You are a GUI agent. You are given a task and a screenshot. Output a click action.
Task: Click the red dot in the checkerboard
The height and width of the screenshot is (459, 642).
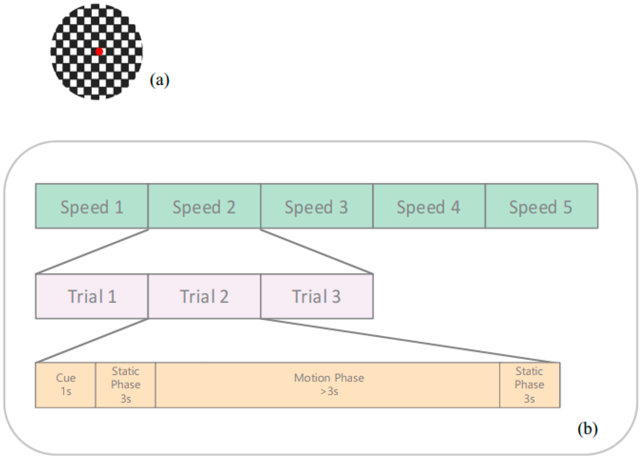click(99, 52)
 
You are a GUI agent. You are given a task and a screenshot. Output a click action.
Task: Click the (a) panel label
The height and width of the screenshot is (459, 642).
click(159, 80)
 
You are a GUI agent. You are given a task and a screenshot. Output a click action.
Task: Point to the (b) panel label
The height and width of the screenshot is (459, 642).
click(587, 429)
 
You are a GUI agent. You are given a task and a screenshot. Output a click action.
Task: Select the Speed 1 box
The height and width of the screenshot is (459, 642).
click(92, 206)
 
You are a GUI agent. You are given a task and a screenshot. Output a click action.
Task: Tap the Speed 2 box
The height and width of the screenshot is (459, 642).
click(204, 206)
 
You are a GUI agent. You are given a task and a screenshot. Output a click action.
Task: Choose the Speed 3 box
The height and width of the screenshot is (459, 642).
click(316, 206)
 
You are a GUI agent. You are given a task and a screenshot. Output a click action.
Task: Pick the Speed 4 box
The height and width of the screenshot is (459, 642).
click(429, 206)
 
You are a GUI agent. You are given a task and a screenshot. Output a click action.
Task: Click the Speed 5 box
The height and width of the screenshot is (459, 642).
click(541, 206)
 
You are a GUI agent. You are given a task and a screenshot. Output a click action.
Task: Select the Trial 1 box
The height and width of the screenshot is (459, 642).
click(92, 296)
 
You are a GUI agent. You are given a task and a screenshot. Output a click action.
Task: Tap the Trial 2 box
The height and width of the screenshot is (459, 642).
click(204, 296)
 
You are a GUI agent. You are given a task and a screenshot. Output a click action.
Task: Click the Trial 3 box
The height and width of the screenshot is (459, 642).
click(317, 296)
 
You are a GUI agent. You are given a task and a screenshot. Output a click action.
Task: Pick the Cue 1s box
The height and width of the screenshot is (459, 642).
click(66, 385)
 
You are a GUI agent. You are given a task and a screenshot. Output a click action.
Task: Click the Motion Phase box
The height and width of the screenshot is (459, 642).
click(327, 385)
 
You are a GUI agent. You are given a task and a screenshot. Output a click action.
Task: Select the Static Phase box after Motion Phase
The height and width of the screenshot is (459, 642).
click(529, 385)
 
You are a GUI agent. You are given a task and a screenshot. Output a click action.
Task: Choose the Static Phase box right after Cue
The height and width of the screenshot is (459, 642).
click(125, 385)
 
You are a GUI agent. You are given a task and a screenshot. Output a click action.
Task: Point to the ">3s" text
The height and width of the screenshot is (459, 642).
click(329, 391)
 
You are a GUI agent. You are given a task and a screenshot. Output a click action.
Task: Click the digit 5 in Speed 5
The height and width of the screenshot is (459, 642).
click(568, 207)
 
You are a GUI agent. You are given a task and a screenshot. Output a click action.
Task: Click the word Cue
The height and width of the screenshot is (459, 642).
click(66, 378)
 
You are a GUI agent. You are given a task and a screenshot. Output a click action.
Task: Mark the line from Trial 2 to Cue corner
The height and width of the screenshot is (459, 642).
click(92, 341)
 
